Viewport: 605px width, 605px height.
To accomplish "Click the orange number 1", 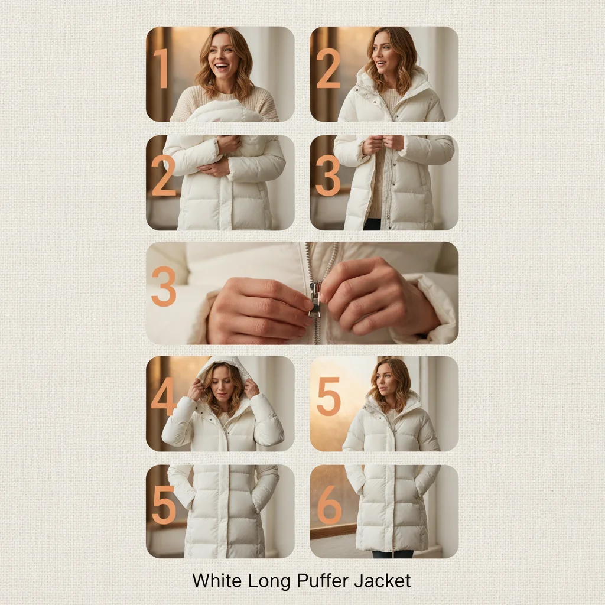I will (x=162, y=69).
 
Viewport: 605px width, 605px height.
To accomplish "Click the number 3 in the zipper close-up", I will (x=164, y=286).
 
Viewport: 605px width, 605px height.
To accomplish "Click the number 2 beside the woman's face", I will (x=328, y=69).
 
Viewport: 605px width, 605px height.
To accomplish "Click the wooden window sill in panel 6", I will (x=333, y=530).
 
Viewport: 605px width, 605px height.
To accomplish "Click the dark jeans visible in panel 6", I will (x=392, y=554).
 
